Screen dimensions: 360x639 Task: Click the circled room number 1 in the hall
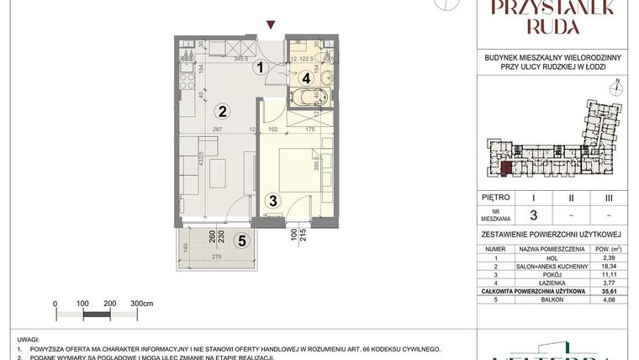point(261,67)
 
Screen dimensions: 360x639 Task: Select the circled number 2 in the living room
point(222,110)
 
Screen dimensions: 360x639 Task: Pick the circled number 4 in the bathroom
point(307,77)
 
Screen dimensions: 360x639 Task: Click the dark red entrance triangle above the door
point(270,24)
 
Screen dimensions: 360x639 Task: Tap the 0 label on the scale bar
point(55,302)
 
